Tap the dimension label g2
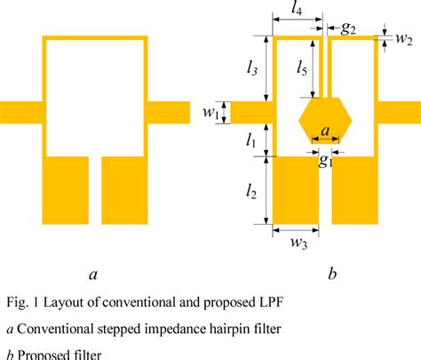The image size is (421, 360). click(348, 28)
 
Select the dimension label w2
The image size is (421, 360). click(404, 38)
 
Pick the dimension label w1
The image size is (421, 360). click(210, 113)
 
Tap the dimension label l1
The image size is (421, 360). click(252, 140)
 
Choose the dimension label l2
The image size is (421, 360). click(252, 189)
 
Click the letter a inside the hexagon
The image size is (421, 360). click(326, 131)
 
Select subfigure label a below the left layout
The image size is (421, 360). click(93, 275)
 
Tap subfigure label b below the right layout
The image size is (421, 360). click(331, 275)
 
